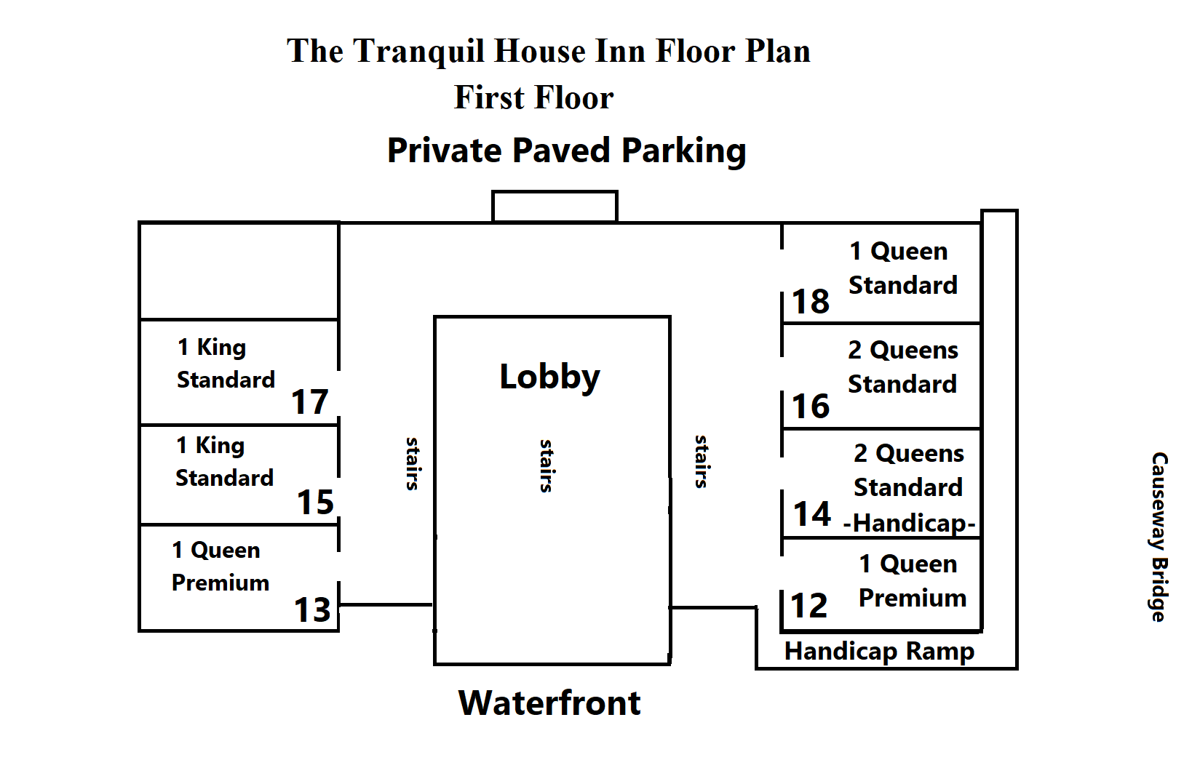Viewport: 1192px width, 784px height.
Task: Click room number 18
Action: (811, 301)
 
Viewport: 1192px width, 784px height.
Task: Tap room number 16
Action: (811, 406)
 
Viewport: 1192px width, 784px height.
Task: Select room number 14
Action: (812, 513)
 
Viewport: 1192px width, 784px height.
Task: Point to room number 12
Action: (809, 605)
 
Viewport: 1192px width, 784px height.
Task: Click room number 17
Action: (310, 401)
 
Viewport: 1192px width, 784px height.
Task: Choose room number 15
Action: (315, 502)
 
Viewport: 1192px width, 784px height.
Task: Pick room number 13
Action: (312, 609)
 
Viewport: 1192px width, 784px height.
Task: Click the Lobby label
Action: (549, 377)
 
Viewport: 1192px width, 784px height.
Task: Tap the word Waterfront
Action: (549, 703)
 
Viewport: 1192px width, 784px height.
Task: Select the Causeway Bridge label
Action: (1159, 537)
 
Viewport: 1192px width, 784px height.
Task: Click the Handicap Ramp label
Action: (879, 651)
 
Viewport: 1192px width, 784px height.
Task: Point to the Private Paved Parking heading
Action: (566, 151)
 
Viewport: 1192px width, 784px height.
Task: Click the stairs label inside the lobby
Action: (547, 465)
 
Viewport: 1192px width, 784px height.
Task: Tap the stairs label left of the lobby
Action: (413, 463)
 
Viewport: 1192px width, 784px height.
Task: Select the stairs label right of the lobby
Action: (702, 461)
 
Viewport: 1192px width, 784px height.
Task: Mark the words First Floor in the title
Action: (533, 97)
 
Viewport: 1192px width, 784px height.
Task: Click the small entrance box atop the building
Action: (555, 207)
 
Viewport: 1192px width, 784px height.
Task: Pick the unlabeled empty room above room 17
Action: (239, 271)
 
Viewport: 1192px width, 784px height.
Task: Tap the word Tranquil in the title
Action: (419, 52)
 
